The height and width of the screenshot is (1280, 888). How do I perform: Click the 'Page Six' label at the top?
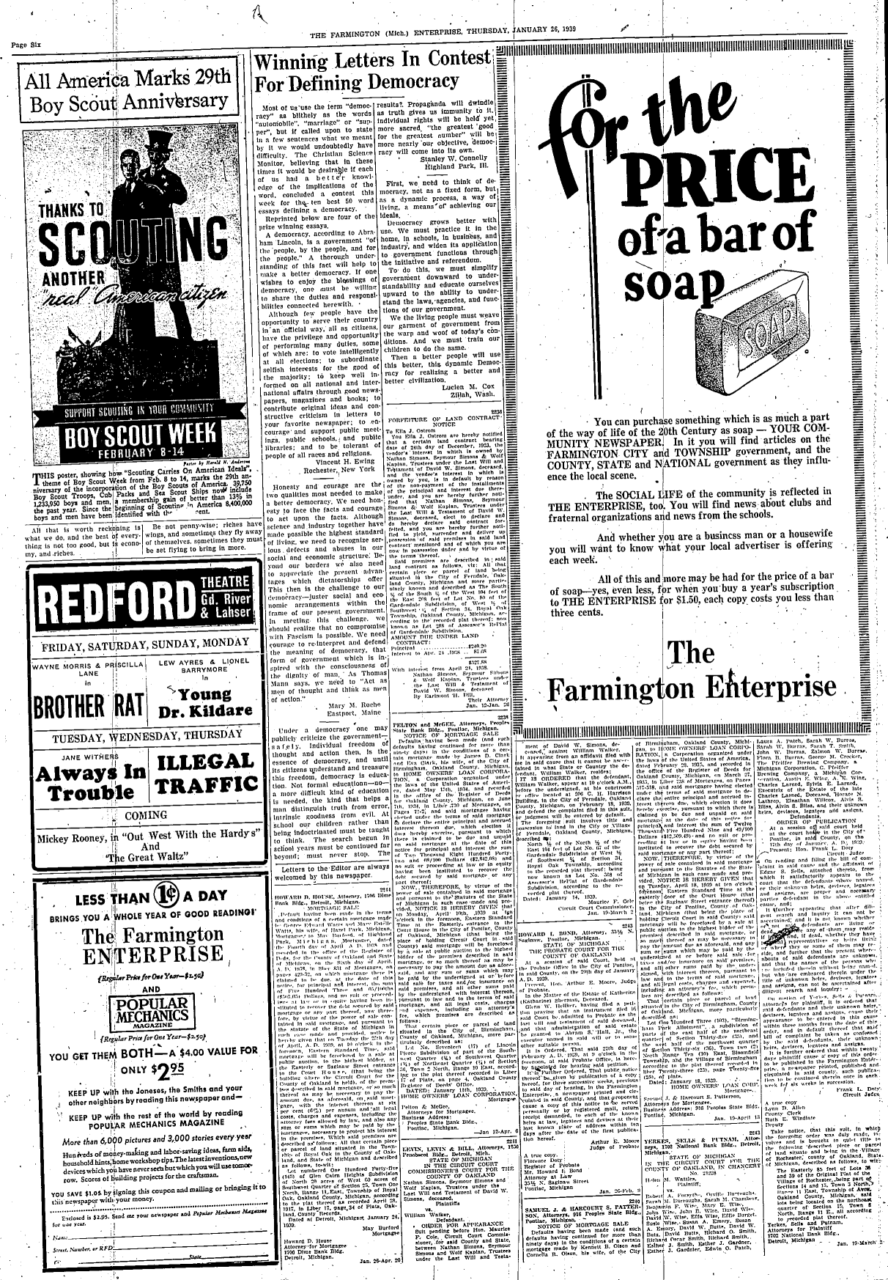click(x=26, y=45)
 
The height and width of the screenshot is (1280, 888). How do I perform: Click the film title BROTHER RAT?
click(x=75, y=707)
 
